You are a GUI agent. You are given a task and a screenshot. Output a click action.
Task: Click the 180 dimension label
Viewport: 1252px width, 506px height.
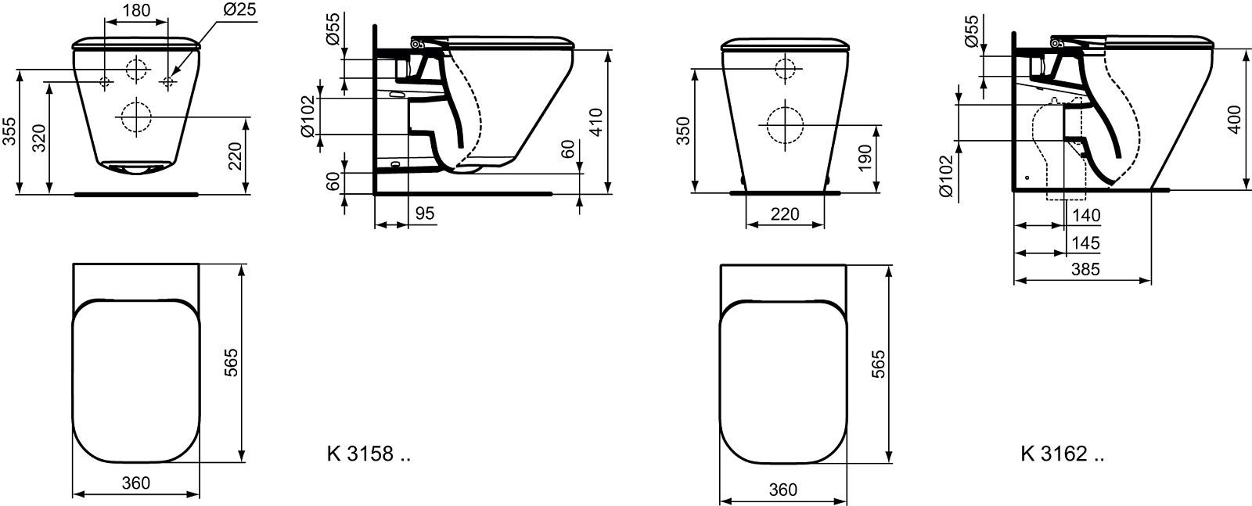136,11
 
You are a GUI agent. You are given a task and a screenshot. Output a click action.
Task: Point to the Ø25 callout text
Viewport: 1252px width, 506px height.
239,9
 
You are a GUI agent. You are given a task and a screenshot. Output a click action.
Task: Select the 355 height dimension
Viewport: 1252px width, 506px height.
9,132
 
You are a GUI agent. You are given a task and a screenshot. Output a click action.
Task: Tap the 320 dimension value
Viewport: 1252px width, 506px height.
39,138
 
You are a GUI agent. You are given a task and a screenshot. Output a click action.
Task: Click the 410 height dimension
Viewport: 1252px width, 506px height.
596,122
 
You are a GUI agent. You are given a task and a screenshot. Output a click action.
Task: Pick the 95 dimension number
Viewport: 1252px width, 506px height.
425,214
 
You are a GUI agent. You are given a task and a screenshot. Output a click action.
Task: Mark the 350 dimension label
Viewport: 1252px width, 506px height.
683,131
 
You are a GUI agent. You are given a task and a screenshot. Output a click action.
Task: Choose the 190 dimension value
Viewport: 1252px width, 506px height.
864,158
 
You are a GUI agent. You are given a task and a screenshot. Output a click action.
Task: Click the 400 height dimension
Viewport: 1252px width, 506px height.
1235,119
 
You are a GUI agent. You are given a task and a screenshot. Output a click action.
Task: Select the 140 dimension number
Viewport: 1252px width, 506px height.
1086,215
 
